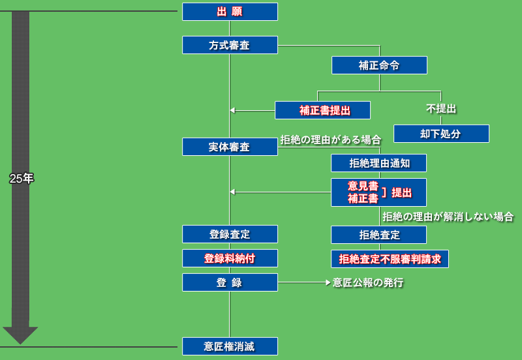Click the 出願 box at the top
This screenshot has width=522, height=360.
click(x=230, y=12)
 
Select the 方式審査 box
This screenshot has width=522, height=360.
click(x=230, y=45)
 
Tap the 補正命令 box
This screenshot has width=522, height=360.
click(x=379, y=65)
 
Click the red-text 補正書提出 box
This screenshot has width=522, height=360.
click(x=322, y=110)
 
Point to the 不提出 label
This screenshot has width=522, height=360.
click(x=441, y=108)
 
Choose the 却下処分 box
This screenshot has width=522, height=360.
click(x=441, y=134)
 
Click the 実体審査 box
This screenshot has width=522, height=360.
click(x=230, y=147)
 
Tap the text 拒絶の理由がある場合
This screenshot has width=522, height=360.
click(x=331, y=140)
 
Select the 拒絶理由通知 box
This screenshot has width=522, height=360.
click(x=379, y=163)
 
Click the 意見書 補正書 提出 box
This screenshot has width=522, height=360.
click(x=379, y=192)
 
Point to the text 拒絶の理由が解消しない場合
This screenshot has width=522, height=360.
click(x=448, y=217)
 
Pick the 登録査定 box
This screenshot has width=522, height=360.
click(x=230, y=234)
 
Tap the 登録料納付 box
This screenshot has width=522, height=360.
click(x=230, y=258)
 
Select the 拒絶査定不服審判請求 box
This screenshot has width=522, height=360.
click(x=390, y=259)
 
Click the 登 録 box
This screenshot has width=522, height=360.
click(x=230, y=282)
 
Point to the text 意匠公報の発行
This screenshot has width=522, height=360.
click(x=368, y=282)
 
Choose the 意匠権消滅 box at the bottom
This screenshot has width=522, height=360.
click(x=230, y=346)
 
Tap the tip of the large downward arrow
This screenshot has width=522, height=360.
click(x=20, y=342)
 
